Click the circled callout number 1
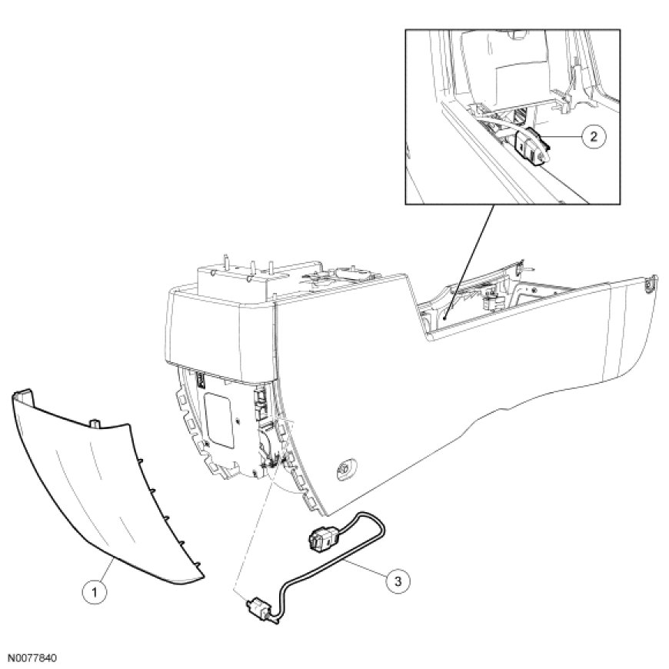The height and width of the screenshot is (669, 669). tap(95, 592)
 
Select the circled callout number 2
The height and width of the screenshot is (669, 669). tap(593, 137)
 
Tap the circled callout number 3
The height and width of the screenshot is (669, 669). tap(398, 581)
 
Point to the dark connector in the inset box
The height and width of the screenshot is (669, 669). tap(531, 146)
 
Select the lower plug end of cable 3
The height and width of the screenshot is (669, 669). tap(259, 610)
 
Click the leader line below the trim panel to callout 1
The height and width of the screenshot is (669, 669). tap(106, 570)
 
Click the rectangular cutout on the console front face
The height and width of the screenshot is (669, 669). tap(219, 420)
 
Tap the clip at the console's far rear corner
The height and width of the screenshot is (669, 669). tap(650, 283)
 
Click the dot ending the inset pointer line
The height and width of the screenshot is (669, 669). tap(444, 318)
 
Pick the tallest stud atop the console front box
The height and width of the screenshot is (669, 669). tap(225, 261)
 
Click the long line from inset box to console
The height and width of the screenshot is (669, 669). tap(469, 261)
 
